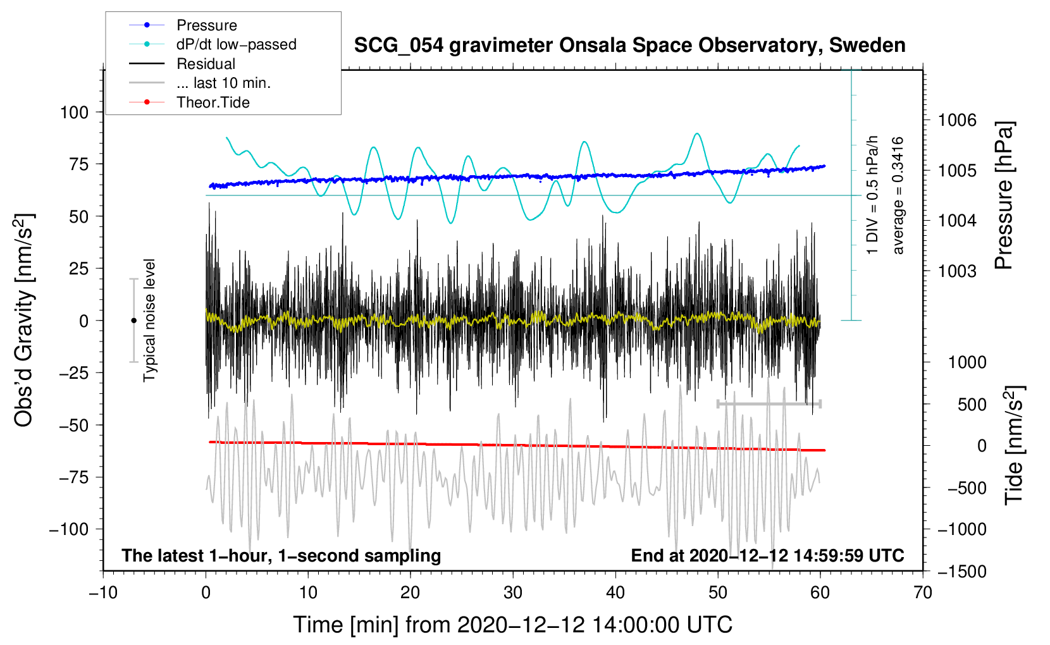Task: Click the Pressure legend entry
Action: point(183,25)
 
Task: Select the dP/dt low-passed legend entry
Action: point(213,44)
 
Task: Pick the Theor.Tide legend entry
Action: point(189,102)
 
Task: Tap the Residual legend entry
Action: point(182,63)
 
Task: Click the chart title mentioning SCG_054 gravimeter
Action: point(629,46)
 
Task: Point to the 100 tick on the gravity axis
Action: point(74,113)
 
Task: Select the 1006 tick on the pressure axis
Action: point(957,120)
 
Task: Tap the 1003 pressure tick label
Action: point(957,271)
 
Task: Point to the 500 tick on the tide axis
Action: point(972,404)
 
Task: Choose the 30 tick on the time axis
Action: point(513,593)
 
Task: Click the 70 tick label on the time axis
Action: point(922,593)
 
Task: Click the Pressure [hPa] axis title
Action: point(1003,195)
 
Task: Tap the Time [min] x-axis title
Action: point(513,624)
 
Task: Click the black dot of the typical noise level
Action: point(133,321)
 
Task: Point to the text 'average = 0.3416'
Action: point(898,195)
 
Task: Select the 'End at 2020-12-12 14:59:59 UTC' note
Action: point(767,555)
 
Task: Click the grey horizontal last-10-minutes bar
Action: point(769,403)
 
